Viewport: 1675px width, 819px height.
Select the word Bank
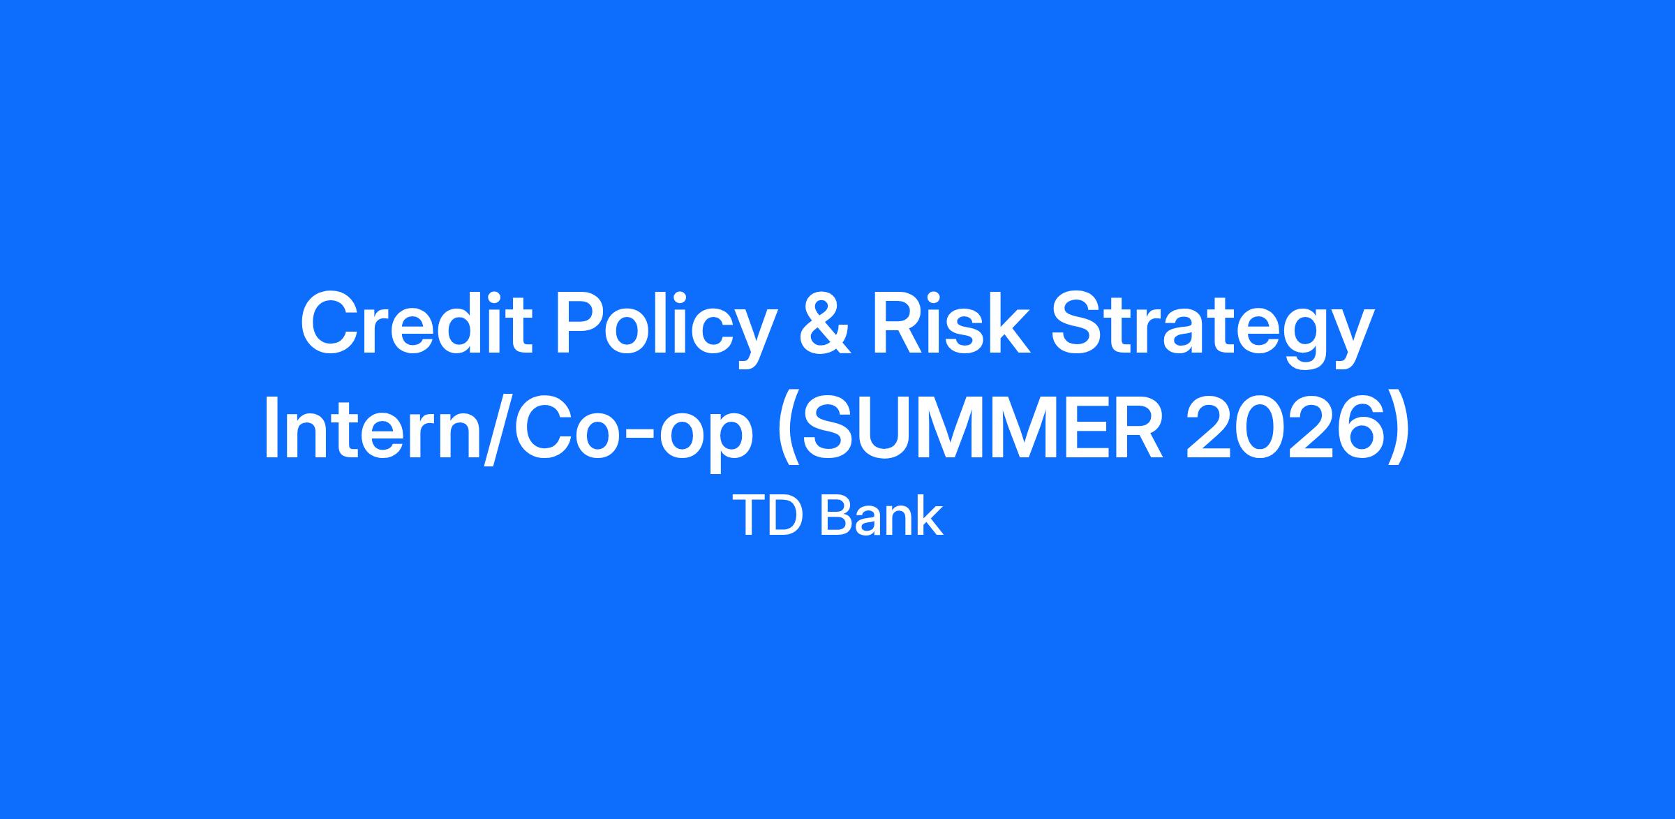[x=882, y=517]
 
